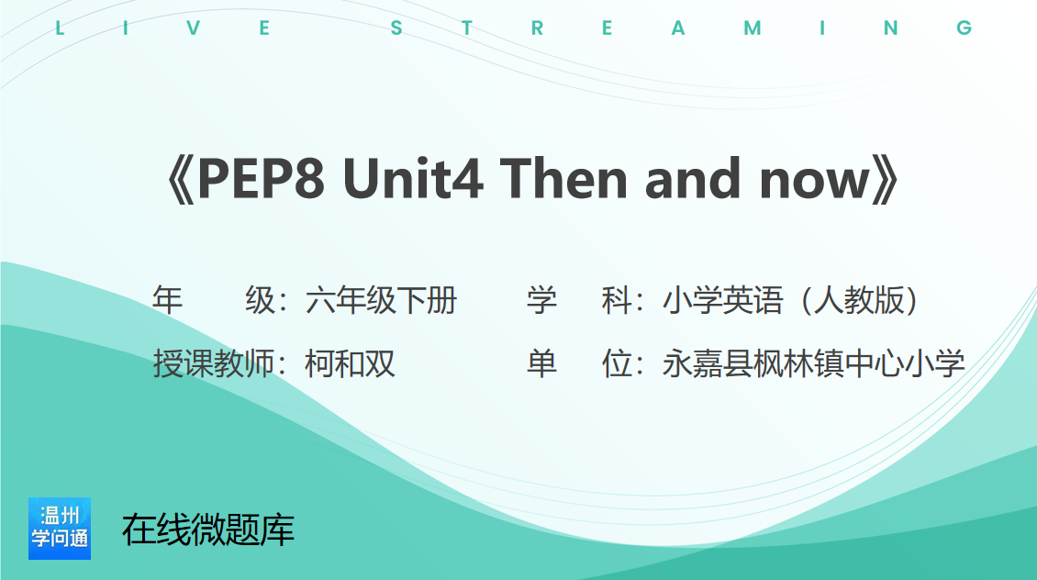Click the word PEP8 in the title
pyautogui.click(x=262, y=179)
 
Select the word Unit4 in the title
pyautogui.click(x=413, y=179)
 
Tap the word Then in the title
pyautogui.click(x=563, y=179)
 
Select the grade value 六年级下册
pyautogui.click(x=381, y=300)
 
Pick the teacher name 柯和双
pyautogui.click(x=350, y=363)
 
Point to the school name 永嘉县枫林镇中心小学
pyautogui.click(x=813, y=363)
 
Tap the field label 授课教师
pyautogui.click(x=213, y=363)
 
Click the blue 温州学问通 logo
pyautogui.click(x=60, y=529)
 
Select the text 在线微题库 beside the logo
pyautogui.click(x=208, y=530)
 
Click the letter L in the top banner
pyautogui.click(x=60, y=28)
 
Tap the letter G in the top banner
pyautogui.click(x=965, y=28)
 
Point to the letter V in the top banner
pyautogui.click(x=193, y=28)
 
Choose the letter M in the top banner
pyautogui.click(x=753, y=28)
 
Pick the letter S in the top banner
pyautogui.click(x=396, y=28)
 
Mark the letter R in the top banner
pyautogui.click(x=537, y=28)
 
